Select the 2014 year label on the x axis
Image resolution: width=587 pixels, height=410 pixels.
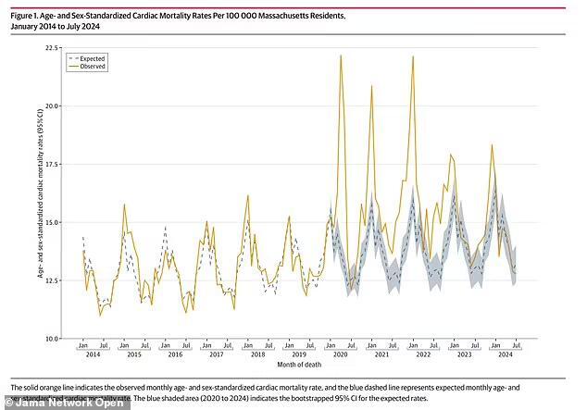pyautogui.click(x=93, y=355)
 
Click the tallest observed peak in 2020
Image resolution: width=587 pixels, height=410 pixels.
pyautogui.click(x=341, y=56)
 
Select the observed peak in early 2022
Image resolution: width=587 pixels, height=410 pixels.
pyautogui.click(x=412, y=57)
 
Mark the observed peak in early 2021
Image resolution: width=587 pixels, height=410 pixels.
pyautogui.click(x=372, y=86)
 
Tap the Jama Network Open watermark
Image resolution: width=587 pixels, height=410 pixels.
pyautogui.click(x=48, y=401)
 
